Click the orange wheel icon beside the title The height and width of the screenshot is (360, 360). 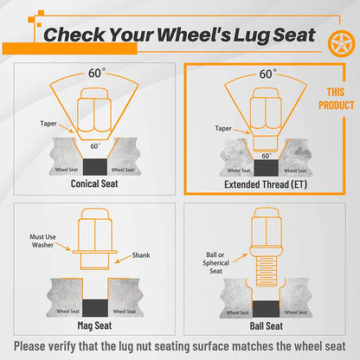pyautogui.click(x=342, y=44)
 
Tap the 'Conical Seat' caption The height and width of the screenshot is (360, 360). pyautogui.click(x=94, y=183)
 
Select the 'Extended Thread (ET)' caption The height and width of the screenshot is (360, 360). pyautogui.click(x=266, y=184)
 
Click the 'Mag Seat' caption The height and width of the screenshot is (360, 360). pyautogui.click(x=94, y=325)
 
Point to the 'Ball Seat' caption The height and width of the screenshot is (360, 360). pyautogui.click(x=267, y=326)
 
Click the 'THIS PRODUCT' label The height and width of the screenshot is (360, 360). pyautogui.click(x=337, y=99)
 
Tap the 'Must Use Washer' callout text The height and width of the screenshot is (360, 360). pyautogui.click(x=42, y=241)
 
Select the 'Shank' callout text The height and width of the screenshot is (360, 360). pyautogui.click(x=141, y=255)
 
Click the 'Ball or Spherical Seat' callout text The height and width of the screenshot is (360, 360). pyautogui.click(x=215, y=263)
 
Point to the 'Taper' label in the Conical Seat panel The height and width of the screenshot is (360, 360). pyautogui.click(x=48, y=124)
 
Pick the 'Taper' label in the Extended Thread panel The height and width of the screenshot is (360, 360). pyautogui.click(x=223, y=128)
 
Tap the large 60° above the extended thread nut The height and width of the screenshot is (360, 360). pyautogui.click(x=267, y=74)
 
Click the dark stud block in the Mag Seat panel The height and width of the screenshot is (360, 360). pyautogui.click(x=95, y=308)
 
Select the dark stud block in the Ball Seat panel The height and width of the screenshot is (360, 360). pyautogui.click(x=266, y=309)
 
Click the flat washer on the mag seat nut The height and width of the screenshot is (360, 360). pyautogui.click(x=95, y=252)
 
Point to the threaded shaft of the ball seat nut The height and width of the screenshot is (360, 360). pyautogui.click(x=267, y=272)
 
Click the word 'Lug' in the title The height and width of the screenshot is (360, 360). pyautogui.click(x=251, y=35)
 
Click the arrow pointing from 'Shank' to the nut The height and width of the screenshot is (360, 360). pyautogui.click(x=123, y=259)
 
